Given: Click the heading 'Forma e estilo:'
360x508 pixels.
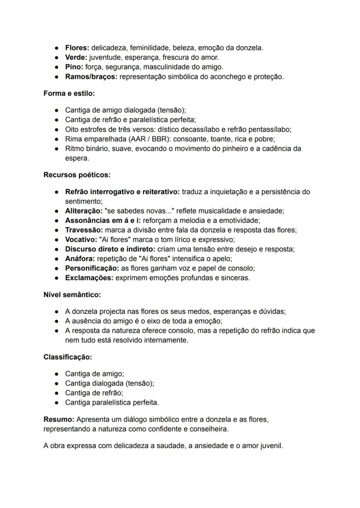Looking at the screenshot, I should tap(69, 93).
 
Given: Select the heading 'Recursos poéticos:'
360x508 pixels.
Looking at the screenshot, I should tap(77, 175).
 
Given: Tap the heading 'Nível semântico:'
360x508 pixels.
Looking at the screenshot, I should tap(72, 295).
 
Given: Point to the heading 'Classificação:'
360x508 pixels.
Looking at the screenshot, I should tap(67, 357).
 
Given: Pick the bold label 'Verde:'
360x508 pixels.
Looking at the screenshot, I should tap(76, 57).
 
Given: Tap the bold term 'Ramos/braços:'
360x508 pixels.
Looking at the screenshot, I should tap(91, 76).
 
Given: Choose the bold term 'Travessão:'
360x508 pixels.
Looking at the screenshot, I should tap(84, 230).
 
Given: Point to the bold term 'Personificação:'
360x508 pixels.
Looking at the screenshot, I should tap(92, 268).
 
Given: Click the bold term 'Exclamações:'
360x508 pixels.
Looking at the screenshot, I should tap(89, 278).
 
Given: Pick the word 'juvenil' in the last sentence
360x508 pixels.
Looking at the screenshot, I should tap(271, 446).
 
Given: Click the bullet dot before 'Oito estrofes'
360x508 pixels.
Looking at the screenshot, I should tap(57, 129).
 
